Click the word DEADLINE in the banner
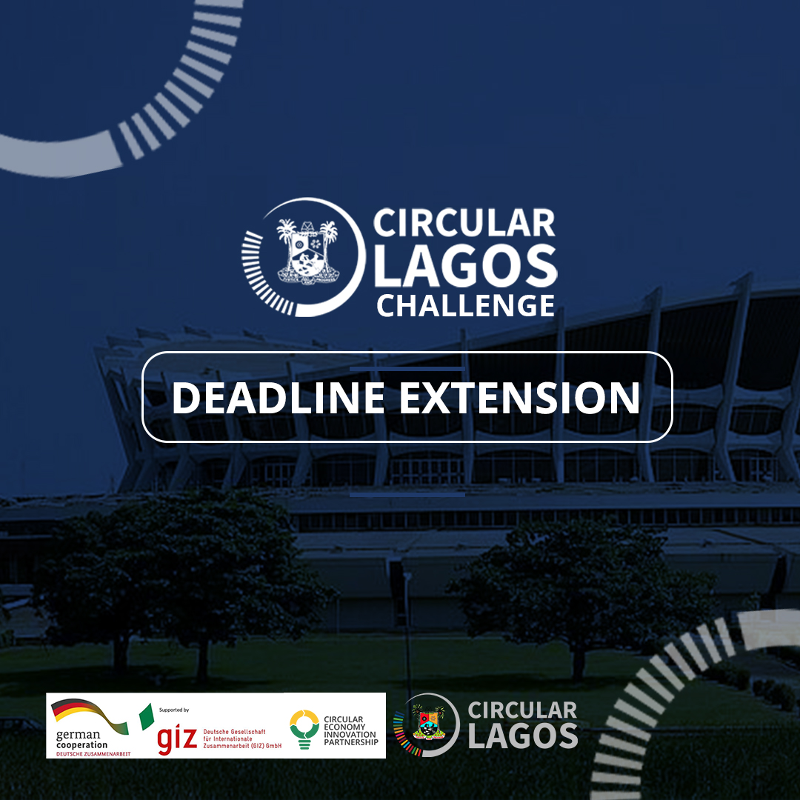coord(278,398)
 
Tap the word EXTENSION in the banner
coord(519,398)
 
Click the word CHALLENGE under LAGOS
coord(466,305)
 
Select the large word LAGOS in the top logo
coord(466,266)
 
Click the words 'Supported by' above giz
coord(174,710)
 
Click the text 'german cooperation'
coord(82,739)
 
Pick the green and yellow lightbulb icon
coord(305,728)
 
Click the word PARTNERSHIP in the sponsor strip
coord(351,742)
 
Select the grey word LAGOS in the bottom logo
coord(523,736)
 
